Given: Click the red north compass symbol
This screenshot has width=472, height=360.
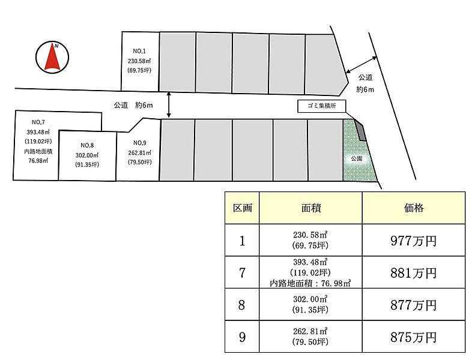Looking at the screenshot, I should (52, 57).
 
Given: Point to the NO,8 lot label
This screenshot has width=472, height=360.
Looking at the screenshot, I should (87, 145).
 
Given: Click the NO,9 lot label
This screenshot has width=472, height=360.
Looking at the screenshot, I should (139, 143).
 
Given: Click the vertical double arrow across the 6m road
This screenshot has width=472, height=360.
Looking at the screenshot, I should (169, 104).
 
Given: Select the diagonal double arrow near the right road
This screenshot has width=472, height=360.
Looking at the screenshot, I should (362, 64).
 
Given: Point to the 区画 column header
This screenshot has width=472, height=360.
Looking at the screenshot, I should (242, 208).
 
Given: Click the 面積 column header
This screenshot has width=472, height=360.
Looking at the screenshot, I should (310, 208).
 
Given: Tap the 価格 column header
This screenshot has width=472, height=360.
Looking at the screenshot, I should (413, 208).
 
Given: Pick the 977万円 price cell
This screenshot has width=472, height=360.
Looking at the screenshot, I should (413, 241).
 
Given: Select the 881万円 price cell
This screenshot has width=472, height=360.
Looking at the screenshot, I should (413, 272).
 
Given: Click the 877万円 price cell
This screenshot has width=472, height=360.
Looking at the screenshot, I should (413, 305).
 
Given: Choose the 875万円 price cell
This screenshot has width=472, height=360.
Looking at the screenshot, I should (413, 337).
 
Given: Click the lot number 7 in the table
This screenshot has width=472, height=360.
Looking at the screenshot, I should (242, 272).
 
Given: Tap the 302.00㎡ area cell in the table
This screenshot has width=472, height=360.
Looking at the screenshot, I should (310, 305).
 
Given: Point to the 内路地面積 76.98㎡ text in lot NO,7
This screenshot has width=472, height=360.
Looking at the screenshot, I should (35, 156).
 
